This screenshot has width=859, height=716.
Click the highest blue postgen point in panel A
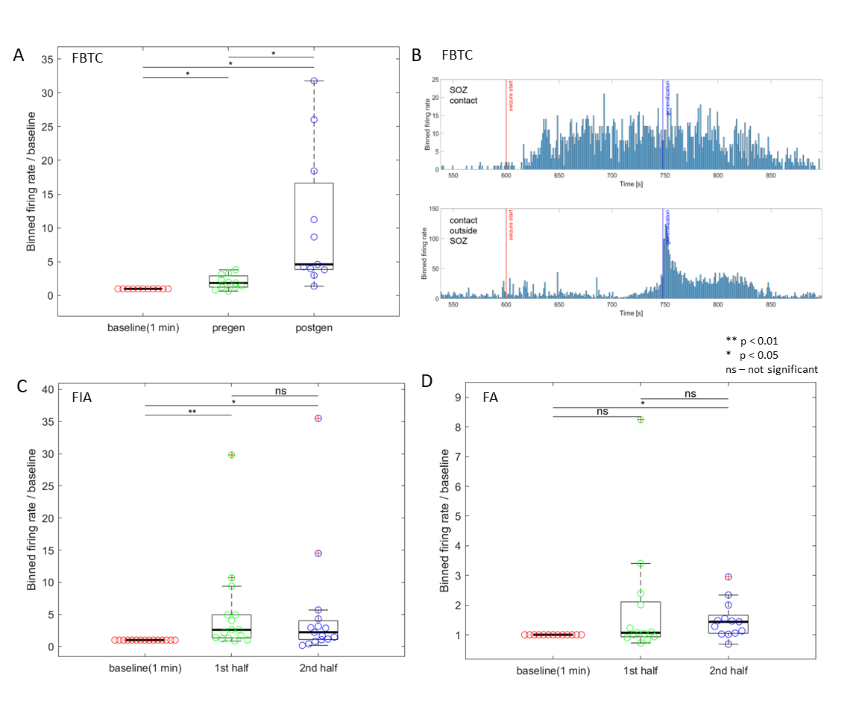(314, 81)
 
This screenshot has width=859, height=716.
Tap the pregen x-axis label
(228, 327)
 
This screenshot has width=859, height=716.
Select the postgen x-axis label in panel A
(313, 327)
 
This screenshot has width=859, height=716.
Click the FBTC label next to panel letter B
(457, 55)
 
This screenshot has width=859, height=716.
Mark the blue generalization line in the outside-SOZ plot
(663, 254)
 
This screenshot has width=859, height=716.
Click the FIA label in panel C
(82, 398)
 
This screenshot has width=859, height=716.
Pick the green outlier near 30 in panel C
(232, 454)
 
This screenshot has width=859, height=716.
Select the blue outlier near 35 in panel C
(318, 418)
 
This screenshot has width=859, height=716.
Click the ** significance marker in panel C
(192, 411)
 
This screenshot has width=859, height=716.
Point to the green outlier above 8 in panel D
(640, 419)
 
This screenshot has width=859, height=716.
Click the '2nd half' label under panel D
(728, 671)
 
